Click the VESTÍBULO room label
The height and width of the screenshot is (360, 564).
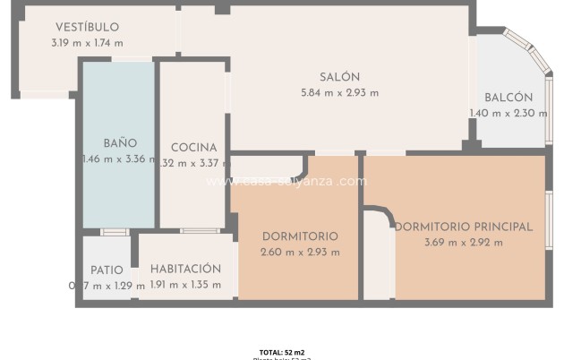(87, 28)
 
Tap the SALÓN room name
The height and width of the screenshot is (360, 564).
(339, 77)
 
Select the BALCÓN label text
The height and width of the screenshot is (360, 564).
(508, 98)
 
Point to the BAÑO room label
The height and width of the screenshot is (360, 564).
(120, 143)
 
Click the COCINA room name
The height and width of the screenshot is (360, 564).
(193, 148)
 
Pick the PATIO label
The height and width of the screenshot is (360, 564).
(107, 270)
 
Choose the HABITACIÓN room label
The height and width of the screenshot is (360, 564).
(185, 269)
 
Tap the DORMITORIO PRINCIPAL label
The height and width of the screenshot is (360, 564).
(463, 227)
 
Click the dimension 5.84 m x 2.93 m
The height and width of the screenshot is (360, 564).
(339, 92)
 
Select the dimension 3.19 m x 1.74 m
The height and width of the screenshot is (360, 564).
(87, 43)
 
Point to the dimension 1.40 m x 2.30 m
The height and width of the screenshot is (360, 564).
(508, 113)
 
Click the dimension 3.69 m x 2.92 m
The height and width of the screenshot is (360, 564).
(463, 243)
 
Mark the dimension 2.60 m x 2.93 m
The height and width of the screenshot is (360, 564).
(300, 252)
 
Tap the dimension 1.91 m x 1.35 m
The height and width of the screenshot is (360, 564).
(185, 285)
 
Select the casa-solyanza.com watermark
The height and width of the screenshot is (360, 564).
(286, 181)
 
